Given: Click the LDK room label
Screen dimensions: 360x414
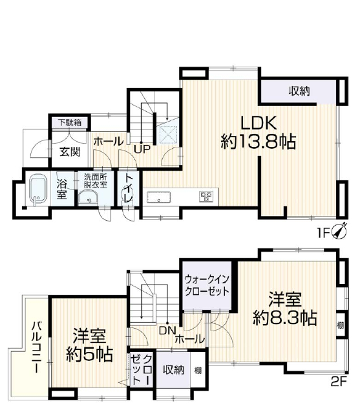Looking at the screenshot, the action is coord(259,123).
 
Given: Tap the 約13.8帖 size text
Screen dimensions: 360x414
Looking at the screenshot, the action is coord(258,142).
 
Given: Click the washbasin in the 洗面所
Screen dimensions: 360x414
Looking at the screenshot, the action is coord(88,197).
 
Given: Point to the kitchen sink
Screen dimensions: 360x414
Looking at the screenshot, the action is coord(158,197).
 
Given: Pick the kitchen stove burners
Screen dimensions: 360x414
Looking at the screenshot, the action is coord(206,197).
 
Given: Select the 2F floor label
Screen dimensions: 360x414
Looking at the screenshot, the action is coord(339,382).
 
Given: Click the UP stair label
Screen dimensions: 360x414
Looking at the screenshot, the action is coord(142,149).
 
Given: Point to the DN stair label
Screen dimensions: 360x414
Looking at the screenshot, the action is coord(167,331).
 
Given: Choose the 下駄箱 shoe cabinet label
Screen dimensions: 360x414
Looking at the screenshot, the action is coord(70,123).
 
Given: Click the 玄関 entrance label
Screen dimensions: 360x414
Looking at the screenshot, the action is coord(70,152).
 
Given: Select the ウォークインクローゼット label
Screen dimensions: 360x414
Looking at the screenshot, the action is coord(207,285).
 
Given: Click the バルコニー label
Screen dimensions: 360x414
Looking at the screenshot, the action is coord(36,347).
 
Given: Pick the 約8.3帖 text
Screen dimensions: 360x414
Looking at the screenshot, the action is coord(285,318).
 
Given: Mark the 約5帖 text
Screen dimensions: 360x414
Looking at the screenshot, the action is coord(89,354).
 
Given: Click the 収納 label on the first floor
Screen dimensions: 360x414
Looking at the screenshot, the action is coord(299,91).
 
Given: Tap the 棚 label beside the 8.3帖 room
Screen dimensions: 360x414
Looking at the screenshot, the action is coord(341,325).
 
